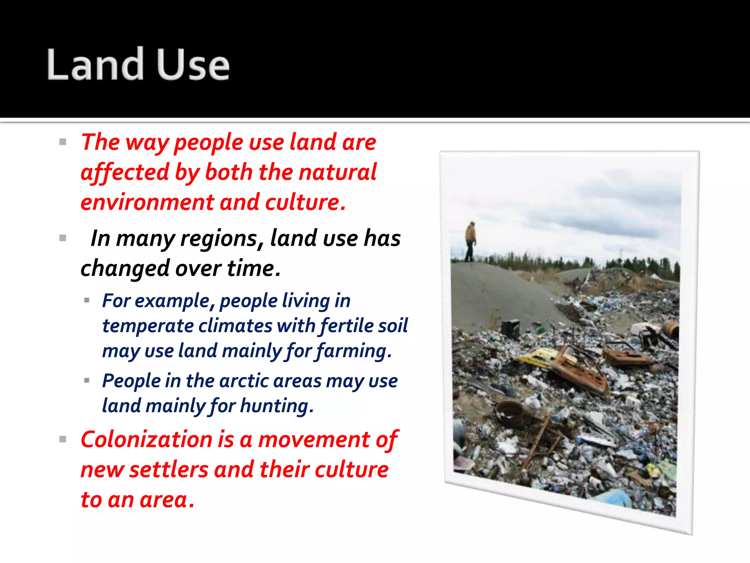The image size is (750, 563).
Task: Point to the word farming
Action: click(x=354, y=351)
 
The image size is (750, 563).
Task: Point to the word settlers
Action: click(x=169, y=470)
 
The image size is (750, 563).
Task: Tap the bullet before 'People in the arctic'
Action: click(x=87, y=380)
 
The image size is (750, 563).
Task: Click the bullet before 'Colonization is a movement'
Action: click(x=63, y=439)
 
